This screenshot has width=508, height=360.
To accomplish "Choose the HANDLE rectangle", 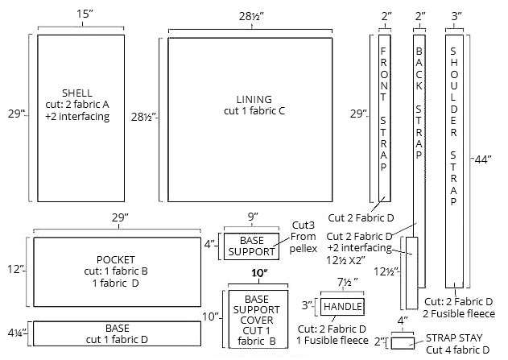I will click(342, 307).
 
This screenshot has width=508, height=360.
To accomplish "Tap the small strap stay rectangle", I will click(403, 343).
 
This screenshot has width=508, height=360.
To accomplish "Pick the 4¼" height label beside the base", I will click(16, 330).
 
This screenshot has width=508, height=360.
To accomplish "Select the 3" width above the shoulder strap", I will click(456, 15).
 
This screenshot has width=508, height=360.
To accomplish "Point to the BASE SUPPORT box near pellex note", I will click(250, 246).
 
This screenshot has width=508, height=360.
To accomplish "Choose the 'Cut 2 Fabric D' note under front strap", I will click(361, 218).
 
